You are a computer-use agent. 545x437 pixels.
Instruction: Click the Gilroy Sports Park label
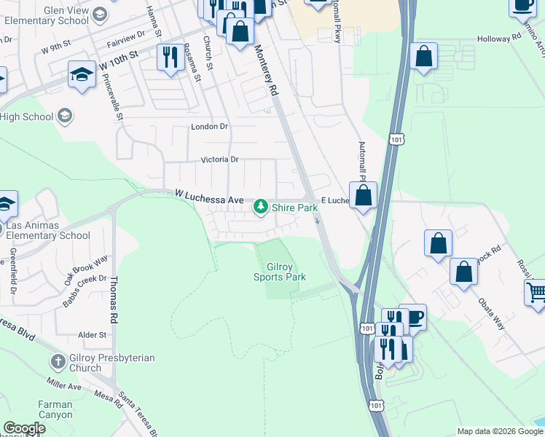(279, 272)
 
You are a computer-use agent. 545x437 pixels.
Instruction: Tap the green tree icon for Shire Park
(261, 208)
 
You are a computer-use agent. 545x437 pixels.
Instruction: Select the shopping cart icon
(536, 292)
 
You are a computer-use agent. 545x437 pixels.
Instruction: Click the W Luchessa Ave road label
(208, 194)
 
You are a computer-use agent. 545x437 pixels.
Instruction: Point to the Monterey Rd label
(267, 71)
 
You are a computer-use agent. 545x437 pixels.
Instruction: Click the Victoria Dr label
(219, 160)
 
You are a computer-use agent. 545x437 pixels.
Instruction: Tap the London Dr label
(209, 127)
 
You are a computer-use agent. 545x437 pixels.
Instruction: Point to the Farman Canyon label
(55, 409)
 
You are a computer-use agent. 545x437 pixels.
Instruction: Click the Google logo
(24, 428)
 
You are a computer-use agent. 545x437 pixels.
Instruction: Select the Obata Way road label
(491, 312)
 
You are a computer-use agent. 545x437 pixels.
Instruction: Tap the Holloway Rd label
(499, 39)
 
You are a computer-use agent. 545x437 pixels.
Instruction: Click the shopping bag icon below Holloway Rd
(423, 56)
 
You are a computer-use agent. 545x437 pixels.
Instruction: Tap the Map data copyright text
(499, 431)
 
